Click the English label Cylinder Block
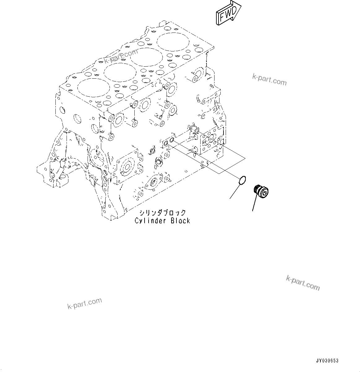(162, 221)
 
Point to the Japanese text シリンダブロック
(162, 213)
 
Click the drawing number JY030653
(327, 361)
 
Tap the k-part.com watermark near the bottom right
(303, 283)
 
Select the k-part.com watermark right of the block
(269, 79)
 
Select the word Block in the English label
(180, 221)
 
